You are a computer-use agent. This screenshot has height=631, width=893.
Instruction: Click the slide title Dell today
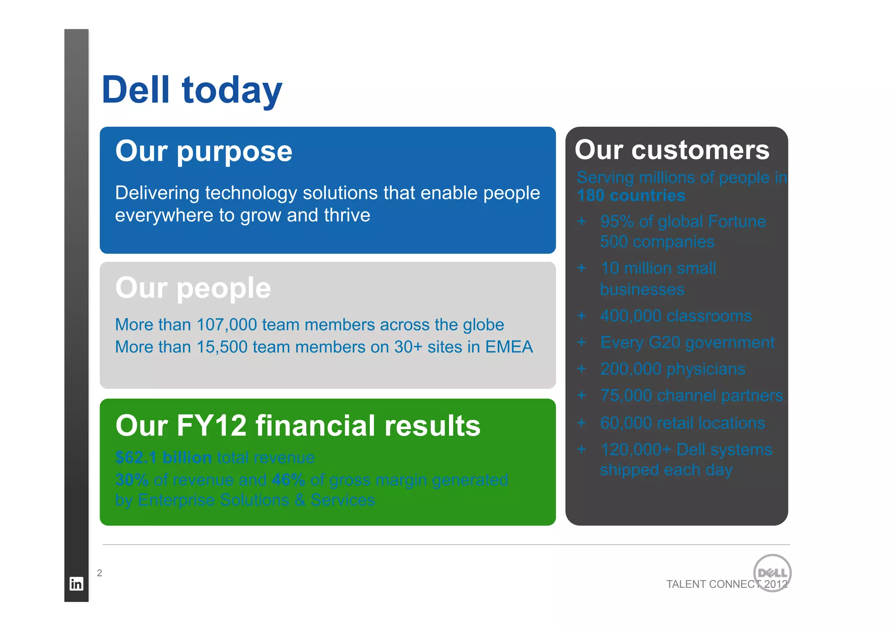pos(192,90)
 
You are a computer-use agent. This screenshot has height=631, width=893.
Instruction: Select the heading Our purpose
pos(204,151)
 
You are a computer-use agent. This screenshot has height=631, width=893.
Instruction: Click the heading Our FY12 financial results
pos(298,426)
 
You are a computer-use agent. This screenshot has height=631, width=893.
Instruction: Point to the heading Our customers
pos(672,150)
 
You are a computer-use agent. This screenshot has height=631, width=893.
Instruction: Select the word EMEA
pos(509,347)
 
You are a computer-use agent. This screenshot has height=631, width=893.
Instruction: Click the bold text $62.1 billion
pos(164,457)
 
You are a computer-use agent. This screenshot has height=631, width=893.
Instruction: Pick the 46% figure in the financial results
pos(288,480)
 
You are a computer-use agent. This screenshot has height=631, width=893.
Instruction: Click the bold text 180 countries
pos(631,195)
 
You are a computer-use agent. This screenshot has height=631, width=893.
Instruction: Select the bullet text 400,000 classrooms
pos(676,316)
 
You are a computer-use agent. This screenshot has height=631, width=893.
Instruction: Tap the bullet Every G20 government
pos(687,342)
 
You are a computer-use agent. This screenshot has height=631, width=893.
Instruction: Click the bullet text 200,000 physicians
pos(672,369)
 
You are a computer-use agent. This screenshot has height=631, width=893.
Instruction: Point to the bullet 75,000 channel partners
pos(691,396)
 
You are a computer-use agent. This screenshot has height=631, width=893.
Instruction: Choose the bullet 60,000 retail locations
pos(682,423)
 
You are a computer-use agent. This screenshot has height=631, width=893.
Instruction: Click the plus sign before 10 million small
pos(581,268)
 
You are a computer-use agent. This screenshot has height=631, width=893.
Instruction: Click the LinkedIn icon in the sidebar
pos(76,583)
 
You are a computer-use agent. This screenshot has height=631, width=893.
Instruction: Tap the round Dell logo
pos(772,573)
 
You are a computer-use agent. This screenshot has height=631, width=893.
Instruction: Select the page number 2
pos(99,573)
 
